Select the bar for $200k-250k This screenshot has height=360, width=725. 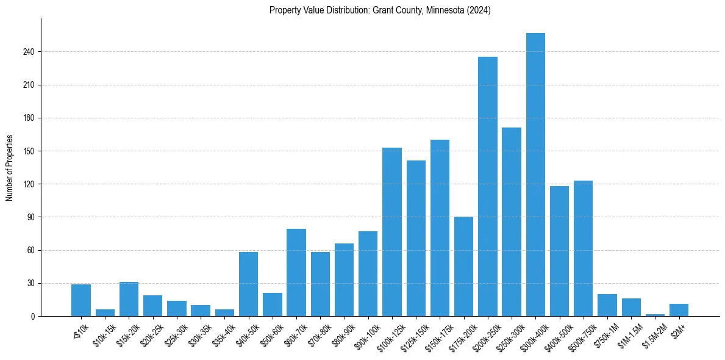click(488, 186)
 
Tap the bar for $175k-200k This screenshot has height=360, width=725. click(463, 266)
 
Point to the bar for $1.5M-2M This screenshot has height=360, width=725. click(655, 315)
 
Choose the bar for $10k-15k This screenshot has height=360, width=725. click(105, 313)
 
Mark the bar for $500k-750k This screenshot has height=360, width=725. click(583, 248)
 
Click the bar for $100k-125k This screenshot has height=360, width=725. click(392, 232)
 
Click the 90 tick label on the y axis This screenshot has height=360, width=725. click(32, 217)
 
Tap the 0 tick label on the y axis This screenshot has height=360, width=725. click(34, 316)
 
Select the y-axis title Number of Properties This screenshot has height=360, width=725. click(10, 167)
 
